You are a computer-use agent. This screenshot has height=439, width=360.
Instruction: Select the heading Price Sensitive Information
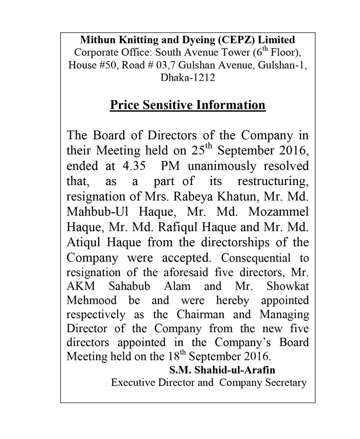188,105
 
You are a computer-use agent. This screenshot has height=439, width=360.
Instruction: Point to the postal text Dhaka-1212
188,79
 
